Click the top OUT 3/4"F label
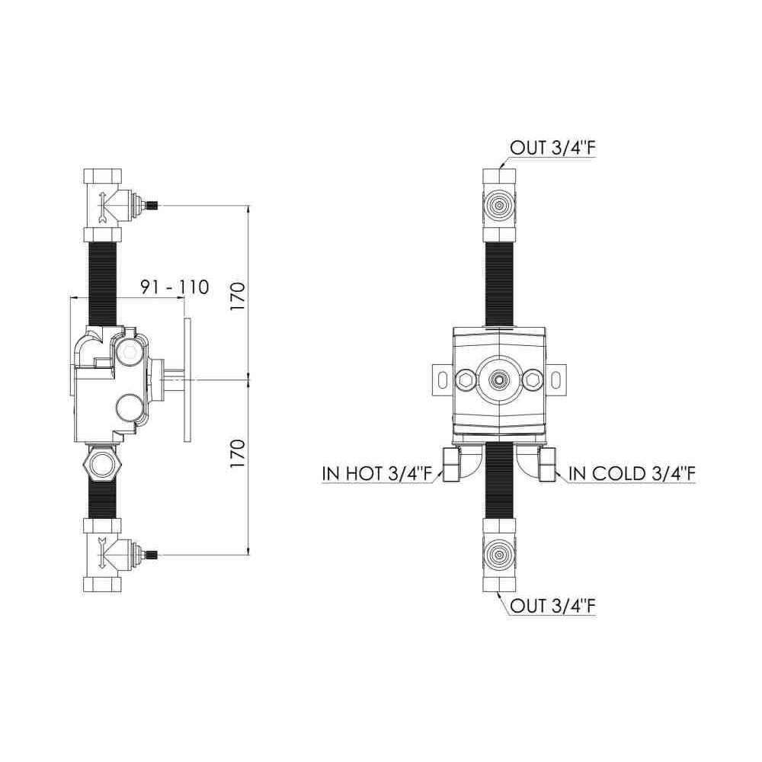click(552, 149)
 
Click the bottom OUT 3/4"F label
click(552, 606)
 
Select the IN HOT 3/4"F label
click(377, 473)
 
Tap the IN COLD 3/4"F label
click(632, 473)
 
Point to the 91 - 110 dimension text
click(174, 287)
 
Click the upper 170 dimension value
click(238, 296)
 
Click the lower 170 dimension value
click(238, 453)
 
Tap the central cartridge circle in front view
click(498, 378)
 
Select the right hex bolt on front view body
click(533, 378)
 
